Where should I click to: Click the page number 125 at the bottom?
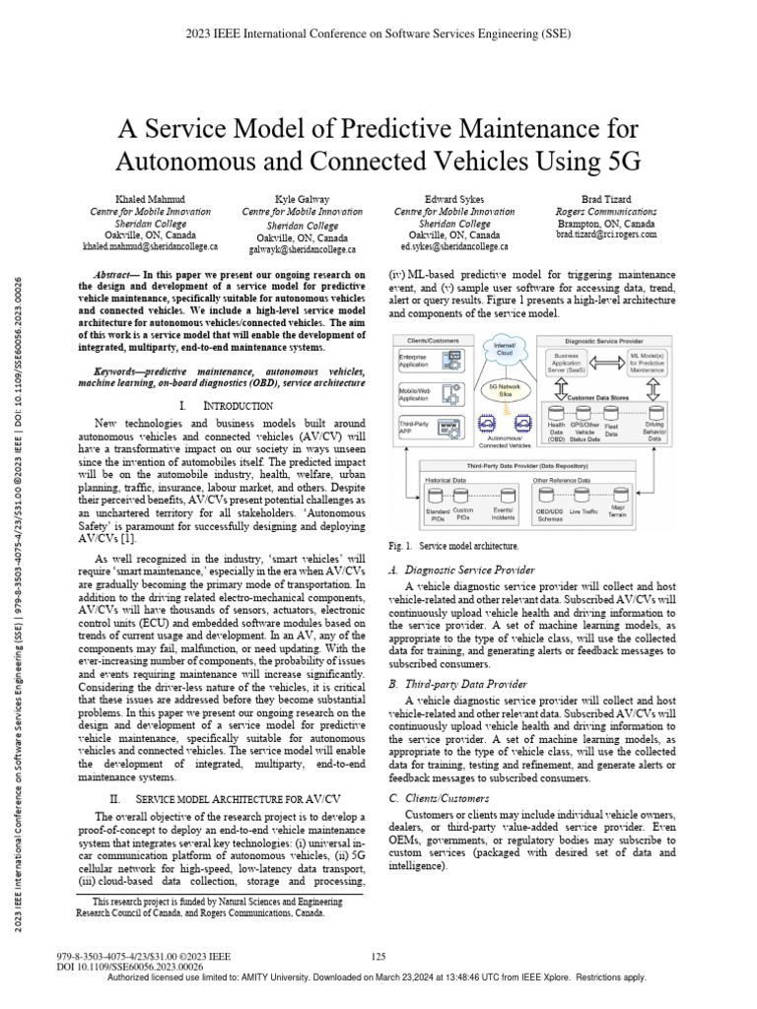pos(378,956)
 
